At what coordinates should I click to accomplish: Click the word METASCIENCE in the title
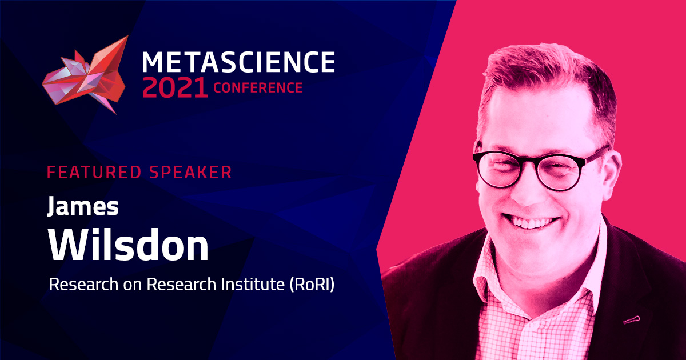[238, 62]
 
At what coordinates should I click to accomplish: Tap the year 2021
[175, 88]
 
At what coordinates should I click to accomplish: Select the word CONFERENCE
[258, 88]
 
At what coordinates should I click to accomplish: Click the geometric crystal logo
[85, 75]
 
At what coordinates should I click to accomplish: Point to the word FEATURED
[94, 172]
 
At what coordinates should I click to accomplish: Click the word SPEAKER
[190, 172]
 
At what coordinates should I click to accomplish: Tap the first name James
[83, 207]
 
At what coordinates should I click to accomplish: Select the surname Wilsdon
[129, 245]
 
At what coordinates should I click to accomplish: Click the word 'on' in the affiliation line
[132, 286]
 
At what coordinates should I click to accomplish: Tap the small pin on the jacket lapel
[632, 320]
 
